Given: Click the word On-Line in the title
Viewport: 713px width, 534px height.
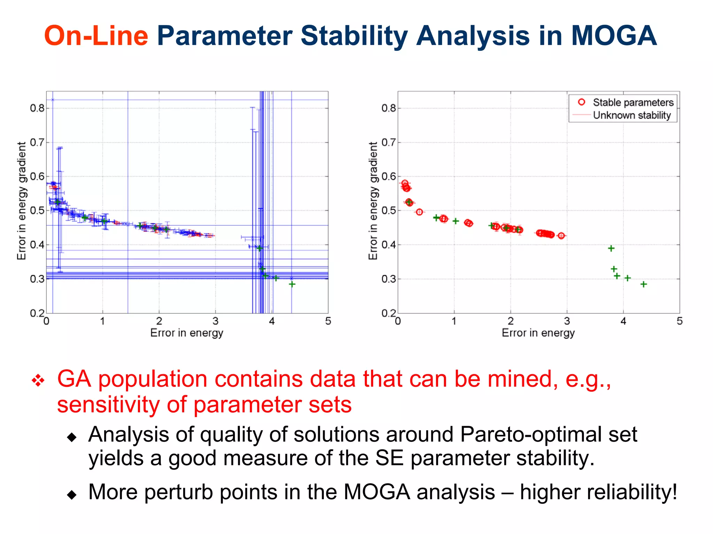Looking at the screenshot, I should (x=96, y=36).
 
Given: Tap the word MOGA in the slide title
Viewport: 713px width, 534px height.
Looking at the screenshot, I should (x=613, y=36).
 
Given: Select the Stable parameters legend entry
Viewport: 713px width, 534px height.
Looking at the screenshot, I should (x=633, y=102).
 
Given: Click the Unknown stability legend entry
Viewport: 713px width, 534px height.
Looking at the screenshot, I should (x=632, y=115).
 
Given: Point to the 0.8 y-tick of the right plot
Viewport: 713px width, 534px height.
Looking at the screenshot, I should (x=389, y=108).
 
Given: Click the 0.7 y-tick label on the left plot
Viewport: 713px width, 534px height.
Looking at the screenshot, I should (x=37, y=142).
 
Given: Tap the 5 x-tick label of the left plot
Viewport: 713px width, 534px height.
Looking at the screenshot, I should (x=328, y=321).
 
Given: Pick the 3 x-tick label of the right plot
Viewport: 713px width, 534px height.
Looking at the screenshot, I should (x=567, y=321).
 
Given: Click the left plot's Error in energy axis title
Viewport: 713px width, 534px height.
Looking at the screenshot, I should (x=187, y=333).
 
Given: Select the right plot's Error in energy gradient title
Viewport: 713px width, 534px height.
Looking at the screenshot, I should (x=373, y=201).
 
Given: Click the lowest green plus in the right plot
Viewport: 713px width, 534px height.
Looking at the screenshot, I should (x=644, y=284).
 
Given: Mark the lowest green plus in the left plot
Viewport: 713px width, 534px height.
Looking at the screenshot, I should (x=292, y=284).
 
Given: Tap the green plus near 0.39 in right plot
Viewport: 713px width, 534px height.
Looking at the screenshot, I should (x=611, y=248).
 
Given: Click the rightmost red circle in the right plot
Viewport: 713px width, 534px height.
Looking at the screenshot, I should (x=561, y=236).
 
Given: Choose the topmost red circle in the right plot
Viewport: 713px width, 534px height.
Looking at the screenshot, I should (x=405, y=183).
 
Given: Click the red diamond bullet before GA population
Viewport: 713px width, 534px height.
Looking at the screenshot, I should (x=38, y=380).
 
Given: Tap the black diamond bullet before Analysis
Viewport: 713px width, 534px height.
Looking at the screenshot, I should (x=72, y=437).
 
